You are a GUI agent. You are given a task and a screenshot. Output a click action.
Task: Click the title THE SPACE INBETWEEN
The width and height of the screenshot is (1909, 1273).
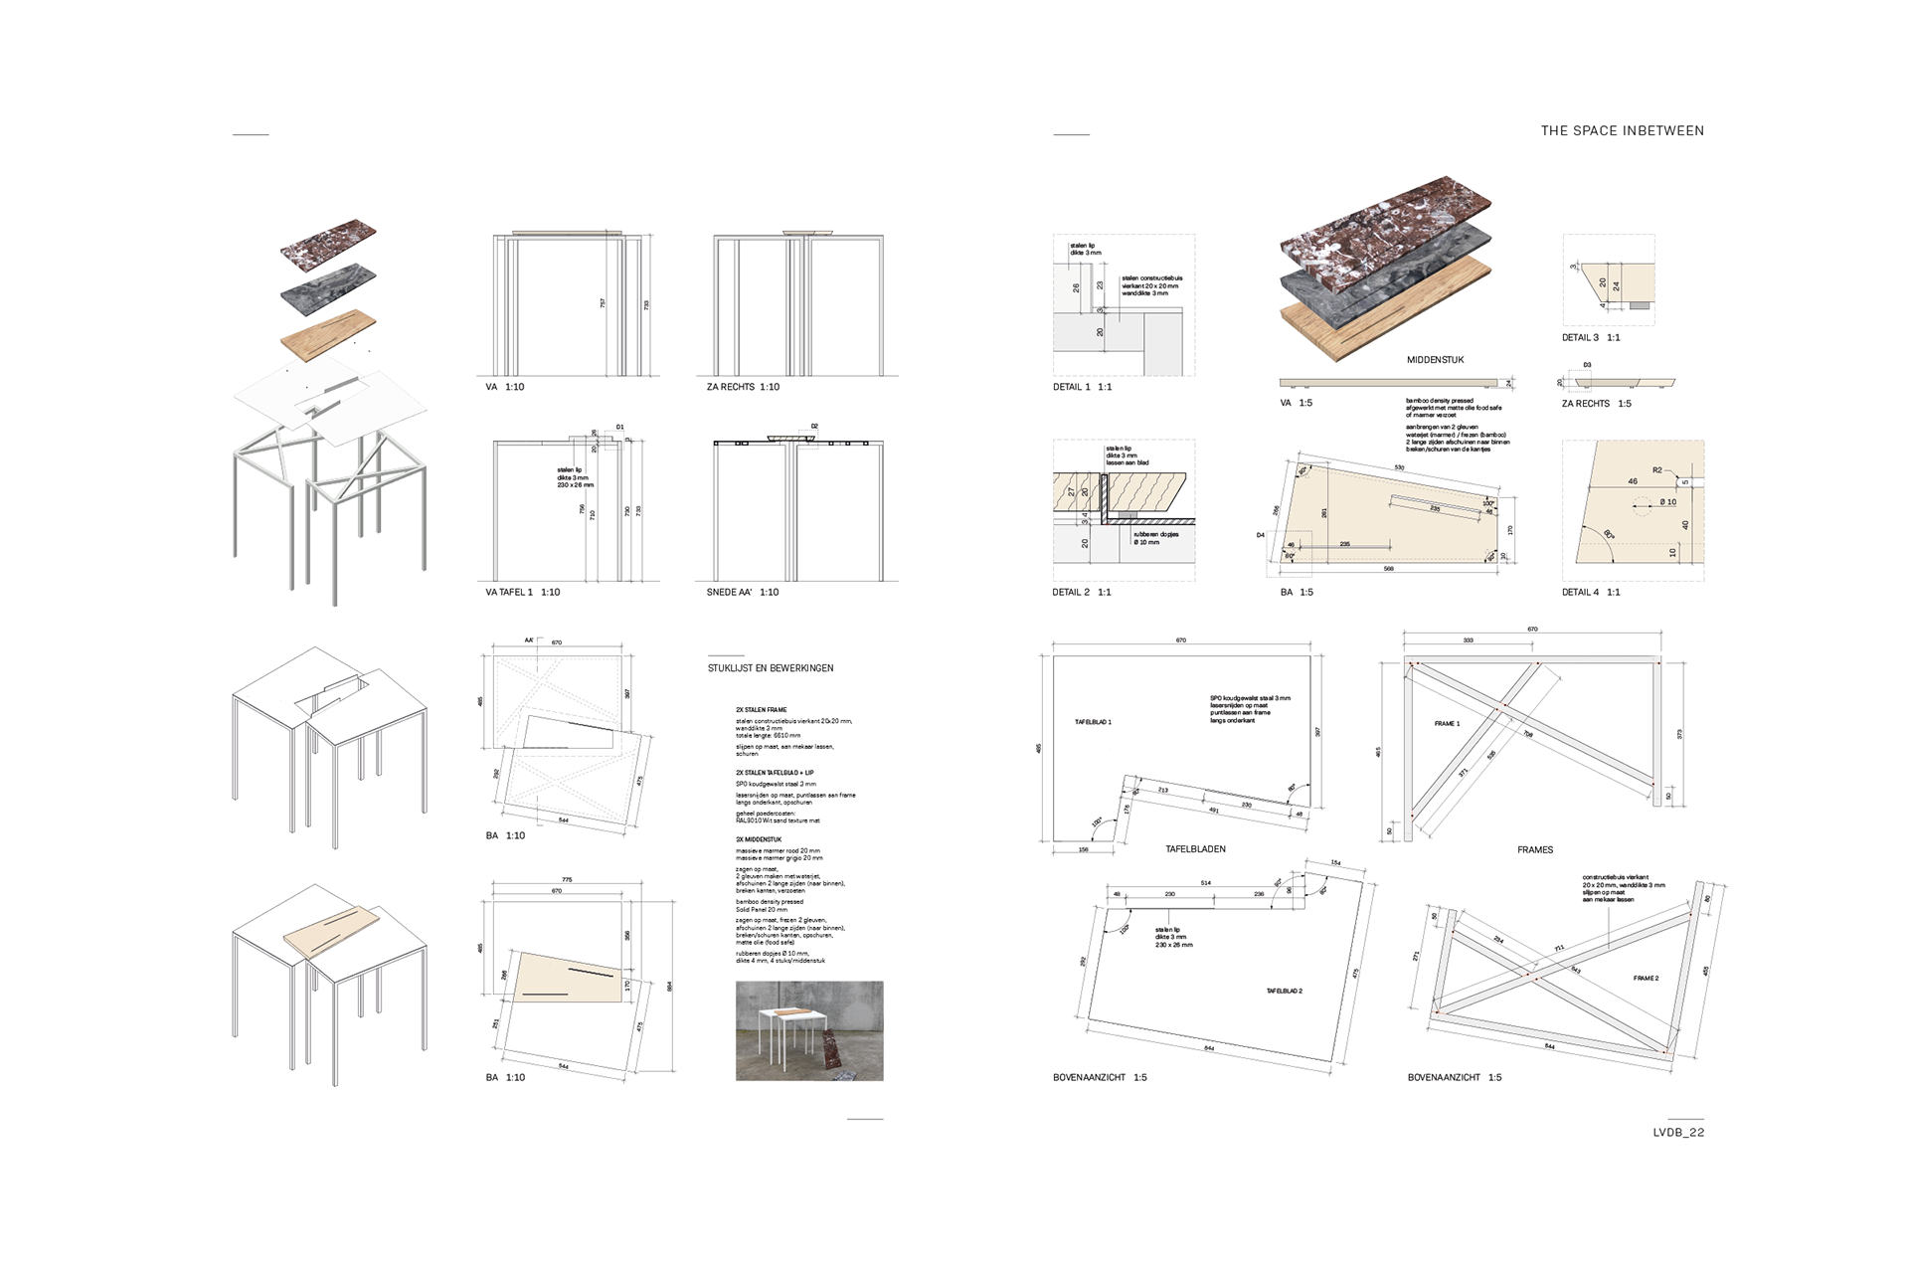(x=1622, y=130)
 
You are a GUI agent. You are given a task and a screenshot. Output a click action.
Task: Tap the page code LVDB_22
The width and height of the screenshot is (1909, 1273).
(x=1678, y=1132)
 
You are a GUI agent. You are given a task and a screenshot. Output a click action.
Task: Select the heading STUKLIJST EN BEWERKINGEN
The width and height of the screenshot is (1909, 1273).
(x=771, y=668)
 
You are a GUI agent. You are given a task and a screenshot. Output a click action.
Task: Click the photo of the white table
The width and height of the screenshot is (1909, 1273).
(x=809, y=1030)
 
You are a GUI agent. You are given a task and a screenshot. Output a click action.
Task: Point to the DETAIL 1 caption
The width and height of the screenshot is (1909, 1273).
(x=1082, y=387)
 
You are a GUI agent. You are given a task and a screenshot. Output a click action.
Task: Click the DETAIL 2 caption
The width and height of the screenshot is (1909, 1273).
(x=1082, y=592)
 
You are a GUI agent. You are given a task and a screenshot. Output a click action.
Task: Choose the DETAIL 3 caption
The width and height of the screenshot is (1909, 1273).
(x=1591, y=337)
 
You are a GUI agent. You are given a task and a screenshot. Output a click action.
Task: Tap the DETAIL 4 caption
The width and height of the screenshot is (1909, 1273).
(x=1591, y=592)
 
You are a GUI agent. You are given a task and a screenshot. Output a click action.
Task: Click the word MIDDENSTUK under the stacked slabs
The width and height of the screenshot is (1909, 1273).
(x=1435, y=360)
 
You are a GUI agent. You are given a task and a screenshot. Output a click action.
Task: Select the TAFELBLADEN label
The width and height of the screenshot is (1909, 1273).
(x=1195, y=849)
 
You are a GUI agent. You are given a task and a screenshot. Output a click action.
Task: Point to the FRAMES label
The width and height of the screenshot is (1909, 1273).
(x=1534, y=850)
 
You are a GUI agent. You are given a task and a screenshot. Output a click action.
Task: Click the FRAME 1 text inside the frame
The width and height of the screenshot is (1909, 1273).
(x=1447, y=724)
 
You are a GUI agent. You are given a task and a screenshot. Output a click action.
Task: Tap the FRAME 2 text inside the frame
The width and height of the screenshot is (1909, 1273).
(x=1646, y=979)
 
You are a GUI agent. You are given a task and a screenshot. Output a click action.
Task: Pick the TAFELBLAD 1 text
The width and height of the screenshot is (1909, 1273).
(x=1093, y=722)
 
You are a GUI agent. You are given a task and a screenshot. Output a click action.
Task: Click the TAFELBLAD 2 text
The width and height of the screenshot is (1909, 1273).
(x=1284, y=992)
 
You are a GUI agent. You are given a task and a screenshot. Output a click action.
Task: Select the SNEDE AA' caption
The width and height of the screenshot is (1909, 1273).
(x=736, y=592)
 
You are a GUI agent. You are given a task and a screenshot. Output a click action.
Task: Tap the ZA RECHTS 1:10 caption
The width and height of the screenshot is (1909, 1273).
(x=743, y=387)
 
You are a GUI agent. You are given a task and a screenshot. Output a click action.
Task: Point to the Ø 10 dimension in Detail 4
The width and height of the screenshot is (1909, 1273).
(x=1667, y=502)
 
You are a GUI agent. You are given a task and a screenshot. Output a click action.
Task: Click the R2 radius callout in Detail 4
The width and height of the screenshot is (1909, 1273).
(x=1657, y=470)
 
